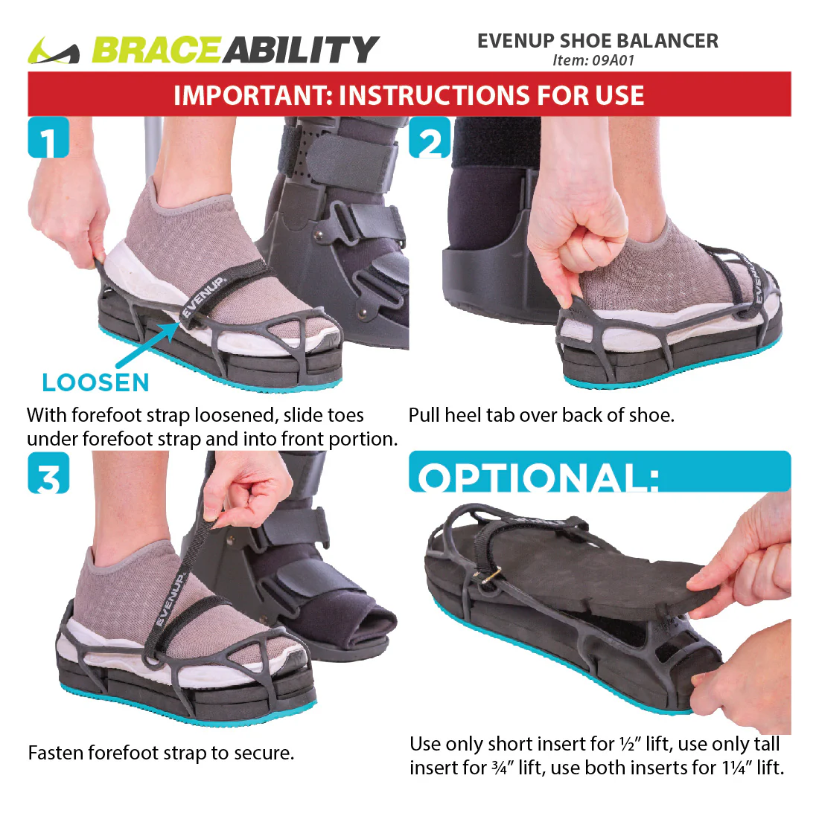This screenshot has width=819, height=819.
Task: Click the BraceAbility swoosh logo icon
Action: (54, 51)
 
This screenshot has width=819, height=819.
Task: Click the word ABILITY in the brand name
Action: (301, 50)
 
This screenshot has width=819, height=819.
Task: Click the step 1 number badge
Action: (48, 138)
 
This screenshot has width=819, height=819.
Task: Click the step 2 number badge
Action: (430, 138)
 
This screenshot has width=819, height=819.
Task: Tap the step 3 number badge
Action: (48, 474)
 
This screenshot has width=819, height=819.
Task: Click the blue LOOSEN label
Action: (95, 382)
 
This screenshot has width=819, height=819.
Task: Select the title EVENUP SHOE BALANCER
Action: (598, 41)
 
